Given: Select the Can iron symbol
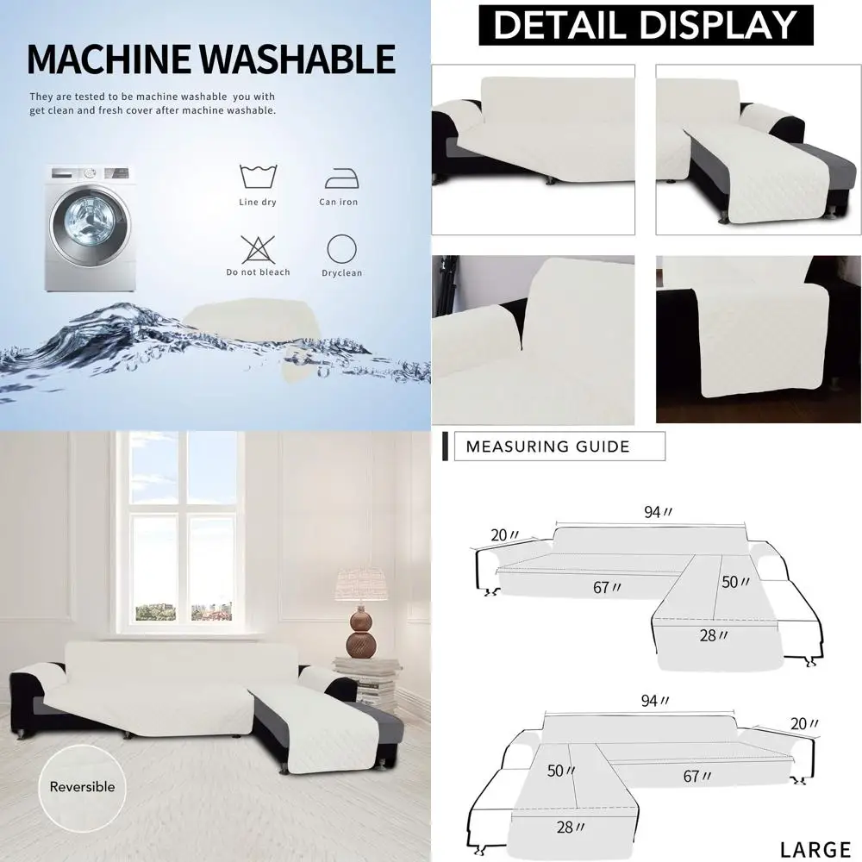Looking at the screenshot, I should coord(338,178).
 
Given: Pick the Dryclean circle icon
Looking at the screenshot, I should coord(341,249).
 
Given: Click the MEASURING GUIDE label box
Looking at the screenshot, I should coord(559,447).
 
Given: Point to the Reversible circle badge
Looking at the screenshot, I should coord(82,786).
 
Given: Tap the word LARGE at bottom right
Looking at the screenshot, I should coord(815,849).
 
